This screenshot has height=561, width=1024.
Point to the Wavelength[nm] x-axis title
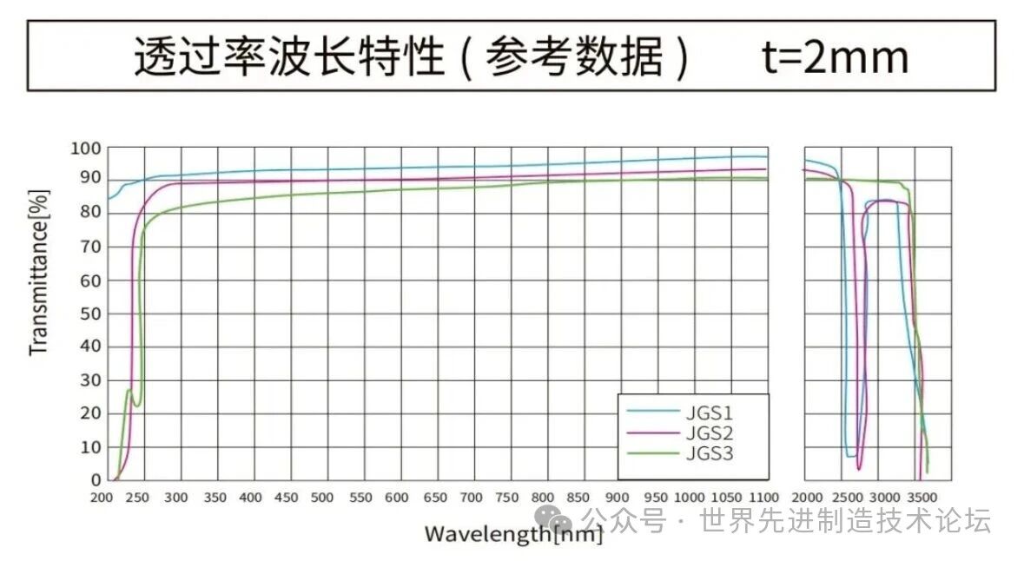point(512,533)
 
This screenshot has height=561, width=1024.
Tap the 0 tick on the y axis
point(96,479)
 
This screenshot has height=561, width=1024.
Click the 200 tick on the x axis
point(102,498)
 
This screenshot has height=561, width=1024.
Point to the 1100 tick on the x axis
point(764,498)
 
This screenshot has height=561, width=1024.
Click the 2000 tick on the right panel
point(808,498)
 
